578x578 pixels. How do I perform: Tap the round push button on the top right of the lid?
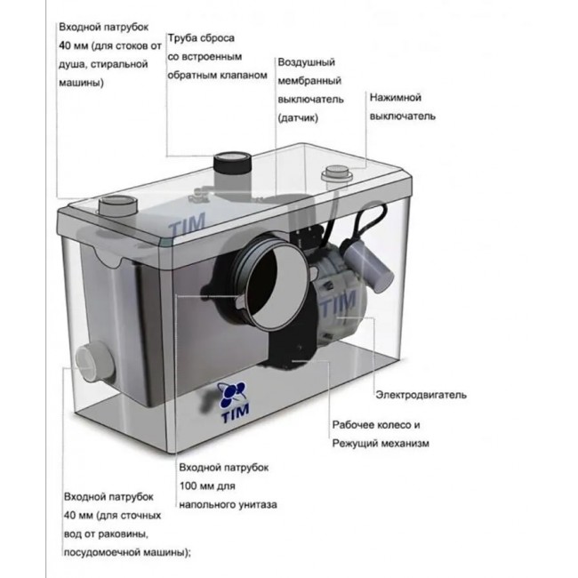point(337,172)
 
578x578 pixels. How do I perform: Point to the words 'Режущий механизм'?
point(381,443)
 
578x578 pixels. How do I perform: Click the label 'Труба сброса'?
point(201,41)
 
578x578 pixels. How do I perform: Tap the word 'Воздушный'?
point(306,65)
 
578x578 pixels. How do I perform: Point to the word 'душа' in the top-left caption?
point(73,65)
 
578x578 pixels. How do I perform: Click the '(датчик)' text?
point(298,116)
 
